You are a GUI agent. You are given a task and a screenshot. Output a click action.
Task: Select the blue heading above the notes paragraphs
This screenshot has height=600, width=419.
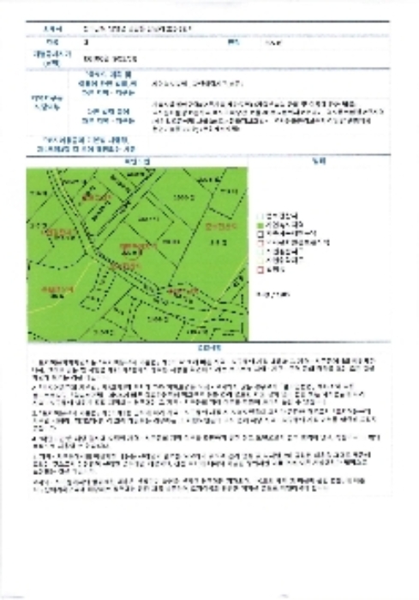coord(209,348)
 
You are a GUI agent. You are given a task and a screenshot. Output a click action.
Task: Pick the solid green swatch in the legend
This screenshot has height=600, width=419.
coord(260,223)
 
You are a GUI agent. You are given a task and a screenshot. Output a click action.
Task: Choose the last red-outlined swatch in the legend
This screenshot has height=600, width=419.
coord(260,270)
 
